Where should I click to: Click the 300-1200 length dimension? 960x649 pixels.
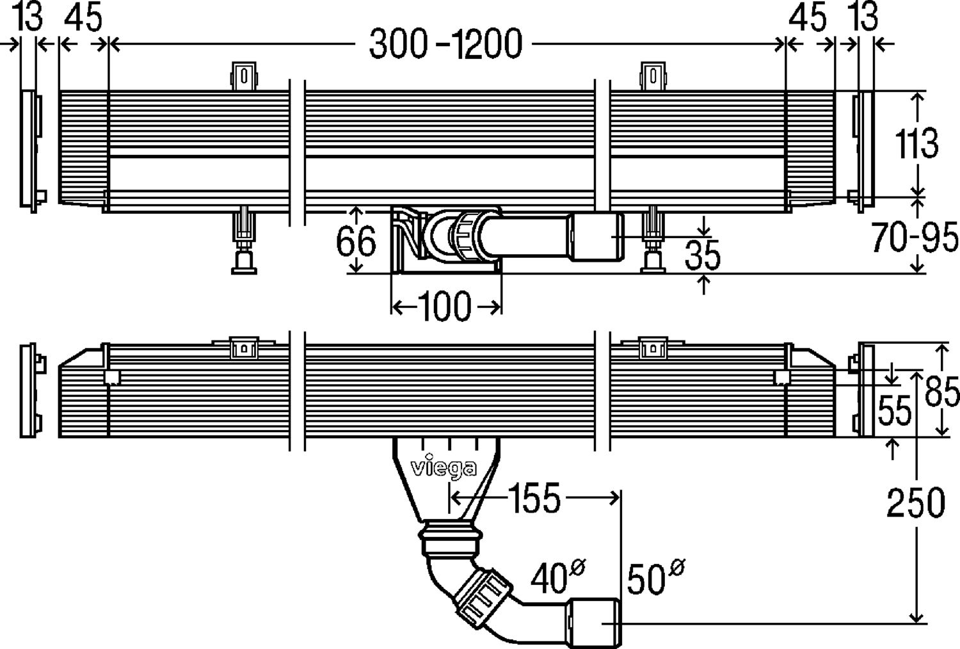(446, 45)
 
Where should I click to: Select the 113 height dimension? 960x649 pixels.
(916, 143)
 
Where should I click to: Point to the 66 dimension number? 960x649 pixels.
(356, 243)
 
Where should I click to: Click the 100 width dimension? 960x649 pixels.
(445, 307)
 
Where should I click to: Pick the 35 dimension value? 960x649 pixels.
(702, 255)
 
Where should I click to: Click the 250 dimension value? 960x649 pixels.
(915, 503)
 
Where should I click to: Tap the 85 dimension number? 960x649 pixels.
(942, 392)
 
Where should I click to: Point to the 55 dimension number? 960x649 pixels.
(893, 411)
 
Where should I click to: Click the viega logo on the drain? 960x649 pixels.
(443, 469)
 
